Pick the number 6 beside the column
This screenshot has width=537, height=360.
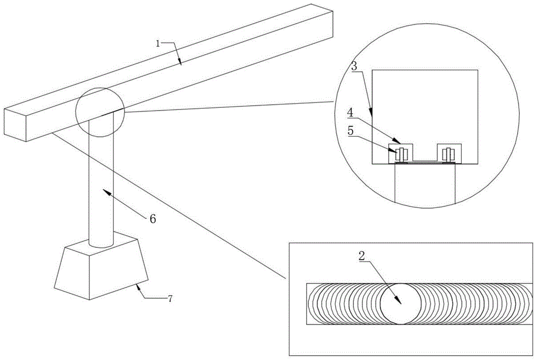coord(152,218)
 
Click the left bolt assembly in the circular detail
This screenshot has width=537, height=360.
coord(401,154)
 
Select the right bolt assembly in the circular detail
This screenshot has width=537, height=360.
coord(448,154)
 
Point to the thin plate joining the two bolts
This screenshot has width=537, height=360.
coord(425,160)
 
